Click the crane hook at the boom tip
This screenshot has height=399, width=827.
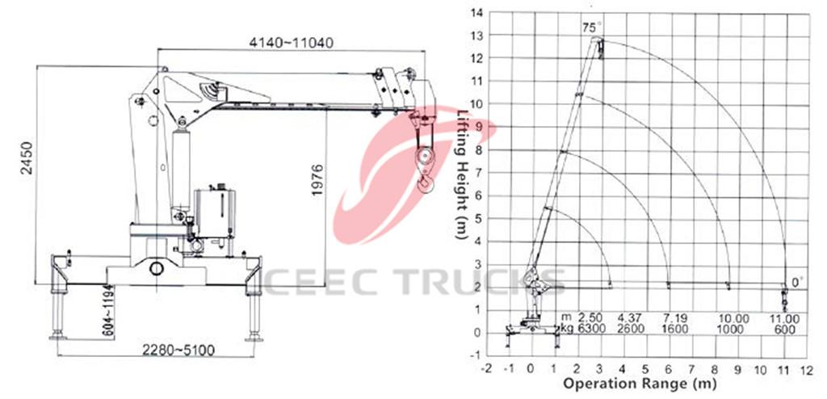coord(424,182)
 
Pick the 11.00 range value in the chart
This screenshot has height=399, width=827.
coord(783,319)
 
